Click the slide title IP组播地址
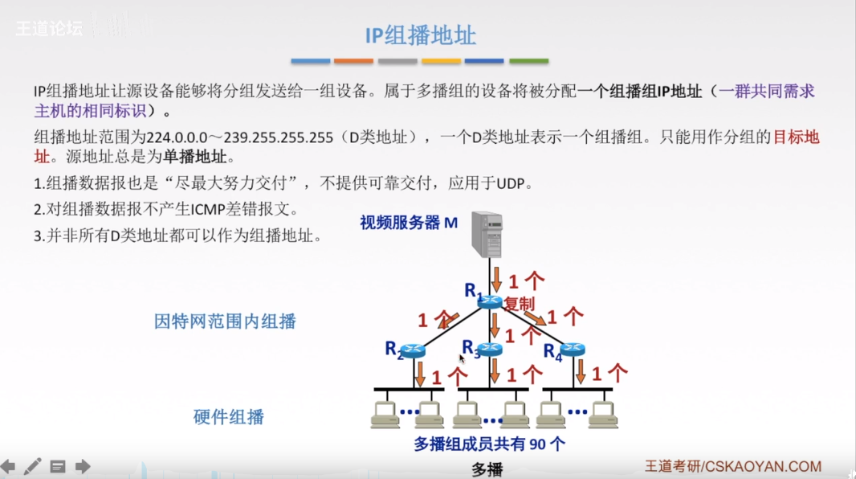[x=421, y=35]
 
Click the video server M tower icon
[x=487, y=234]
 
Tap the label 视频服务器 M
[x=409, y=223]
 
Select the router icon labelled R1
[x=489, y=300]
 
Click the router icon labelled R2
[x=413, y=350]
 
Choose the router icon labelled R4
[x=573, y=350]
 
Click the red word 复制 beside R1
[x=519, y=304]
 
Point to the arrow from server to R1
[x=495, y=278]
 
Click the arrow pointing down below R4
[x=581, y=371]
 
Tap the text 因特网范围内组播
[x=225, y=321]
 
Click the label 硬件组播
[x=229, y=417]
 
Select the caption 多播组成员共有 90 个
[x=489, y=444]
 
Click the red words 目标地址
[x=796, y=137]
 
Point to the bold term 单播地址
[x=195, y=157]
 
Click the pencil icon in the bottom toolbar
[x=32, y=466]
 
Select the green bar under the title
[x=528, y=61]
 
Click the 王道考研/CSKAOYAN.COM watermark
[x=733, y=466]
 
